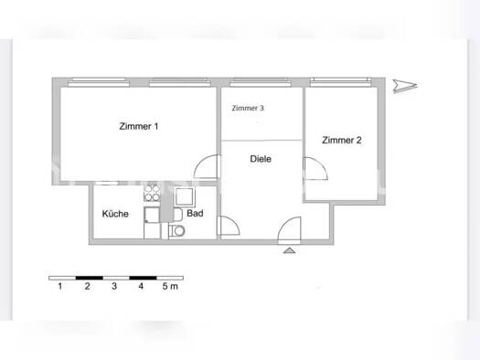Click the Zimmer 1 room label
(x=139, y=126)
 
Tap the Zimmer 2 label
(x=341, y=140)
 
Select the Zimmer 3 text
(x=248, y=108)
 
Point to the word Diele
(x=261, y=158)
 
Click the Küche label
(x=115, y=214)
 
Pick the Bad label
(x=194, y=214)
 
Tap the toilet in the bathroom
(x=176, y=231)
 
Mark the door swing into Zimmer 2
(x=317, y=169)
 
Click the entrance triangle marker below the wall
(x=291, y=249)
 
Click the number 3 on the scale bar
(x=113, y=287)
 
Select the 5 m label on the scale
(x=170, y=287)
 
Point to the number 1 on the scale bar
(x=59, y=287)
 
